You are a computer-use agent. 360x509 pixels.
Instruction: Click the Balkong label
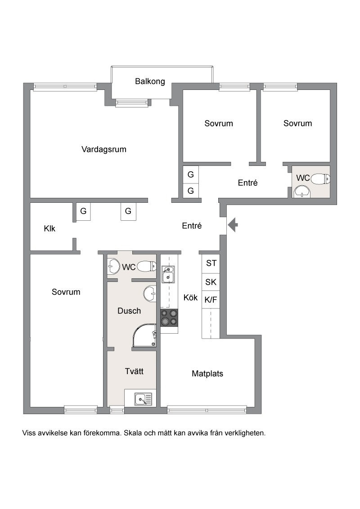(x=150, y=81)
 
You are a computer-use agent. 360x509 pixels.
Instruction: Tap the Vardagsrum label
(x=103, y=149)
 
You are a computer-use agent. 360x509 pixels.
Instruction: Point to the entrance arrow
(x=233, y=225)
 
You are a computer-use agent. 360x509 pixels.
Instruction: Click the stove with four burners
(x=169, y=317)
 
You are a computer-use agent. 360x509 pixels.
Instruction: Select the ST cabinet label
(x=211, y=263)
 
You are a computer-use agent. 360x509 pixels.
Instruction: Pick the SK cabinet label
(x=211, y=282)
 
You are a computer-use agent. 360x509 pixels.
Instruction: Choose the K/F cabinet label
(x=211, y=299)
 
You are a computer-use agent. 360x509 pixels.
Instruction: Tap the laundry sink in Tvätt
(x=143, y=399)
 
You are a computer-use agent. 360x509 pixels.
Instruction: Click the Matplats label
(x=207, y=374)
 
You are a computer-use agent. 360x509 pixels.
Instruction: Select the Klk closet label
(x=49, y=228)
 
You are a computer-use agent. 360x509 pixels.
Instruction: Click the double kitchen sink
(x=168, y=274)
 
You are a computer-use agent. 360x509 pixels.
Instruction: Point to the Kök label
(x=190, y=297)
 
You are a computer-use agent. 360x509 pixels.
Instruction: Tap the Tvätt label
(x=134, y=371)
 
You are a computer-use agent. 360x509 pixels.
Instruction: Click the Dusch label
(x=129, y=311)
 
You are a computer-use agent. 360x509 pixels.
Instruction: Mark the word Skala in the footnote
(x=133, y=433)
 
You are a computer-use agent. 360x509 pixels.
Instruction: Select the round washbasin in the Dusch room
(x=150, y=294)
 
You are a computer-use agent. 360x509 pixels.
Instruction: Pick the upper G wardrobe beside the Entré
(x=191, y=174)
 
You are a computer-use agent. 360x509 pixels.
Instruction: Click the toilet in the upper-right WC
(x=321, y=179)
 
